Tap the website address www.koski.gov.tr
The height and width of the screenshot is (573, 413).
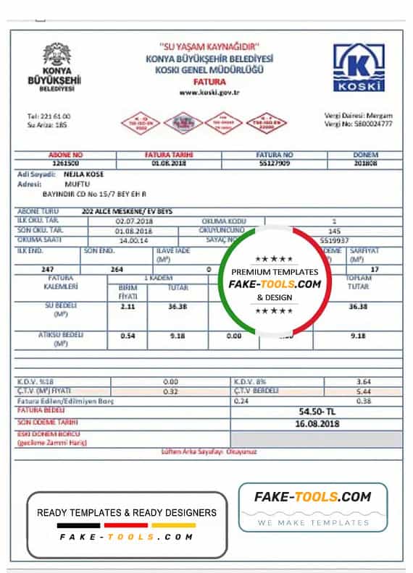pyautogui.click(x=209, y=92)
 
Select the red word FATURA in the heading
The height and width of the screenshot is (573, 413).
pyautogui.click(x=209, y=82)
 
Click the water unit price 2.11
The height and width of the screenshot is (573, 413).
pyautogui.click(x=128, y=306)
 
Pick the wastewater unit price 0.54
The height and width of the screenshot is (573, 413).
pyautogui.click(x=128, y=336)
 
